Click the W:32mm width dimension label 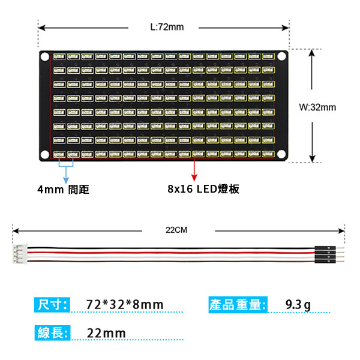pyautogui.click(x=317, y=107)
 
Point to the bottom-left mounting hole pyautogui.click(x=46, y=155)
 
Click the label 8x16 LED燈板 pyautogui.click(x=203, y=189)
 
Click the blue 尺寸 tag pyautogui.click(x=52, y=304)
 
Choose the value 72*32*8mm pyautogui.click(x=124, y=305)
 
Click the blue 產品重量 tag pyautogui.click(x=237, y=304)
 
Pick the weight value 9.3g pyautogui.click(x=298, y=305)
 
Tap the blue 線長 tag pyautogui.click(x=52, y=333)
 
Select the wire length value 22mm pyautogui.click(x=106, y=333)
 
